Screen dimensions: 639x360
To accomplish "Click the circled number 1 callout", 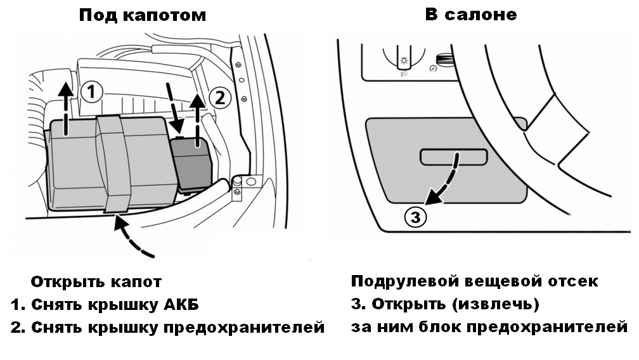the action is pos(91,91).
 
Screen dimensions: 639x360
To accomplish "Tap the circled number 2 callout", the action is pos(219,98).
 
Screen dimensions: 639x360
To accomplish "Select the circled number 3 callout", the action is pos(415,217).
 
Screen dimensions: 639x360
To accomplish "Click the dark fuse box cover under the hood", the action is pos(191,164).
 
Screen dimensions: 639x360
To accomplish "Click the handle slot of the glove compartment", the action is pos(454,157).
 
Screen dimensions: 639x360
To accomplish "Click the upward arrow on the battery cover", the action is pos(65,108).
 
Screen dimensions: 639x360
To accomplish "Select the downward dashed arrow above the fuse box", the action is pos(174,108).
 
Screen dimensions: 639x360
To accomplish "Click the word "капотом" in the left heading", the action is pos(164,15).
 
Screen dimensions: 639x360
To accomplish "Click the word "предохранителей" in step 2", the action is pos(243,328).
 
